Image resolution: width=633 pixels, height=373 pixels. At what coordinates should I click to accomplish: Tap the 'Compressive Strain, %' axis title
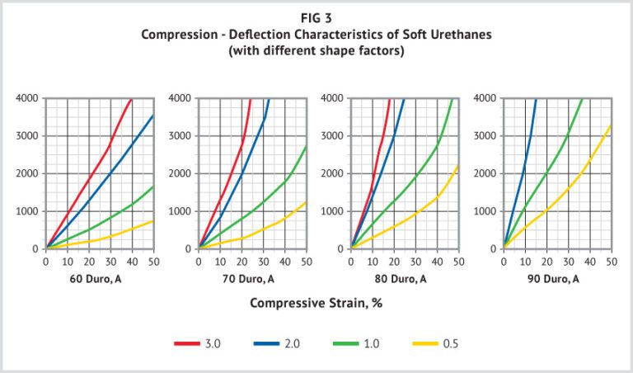pyautogui.click(x=316, y=303)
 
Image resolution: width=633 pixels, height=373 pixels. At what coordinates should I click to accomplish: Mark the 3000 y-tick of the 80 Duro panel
pyautogui.click(x=334, y=135)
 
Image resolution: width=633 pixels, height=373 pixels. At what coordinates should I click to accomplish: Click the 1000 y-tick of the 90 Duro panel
pyautogui.click(x=486, y=211)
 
